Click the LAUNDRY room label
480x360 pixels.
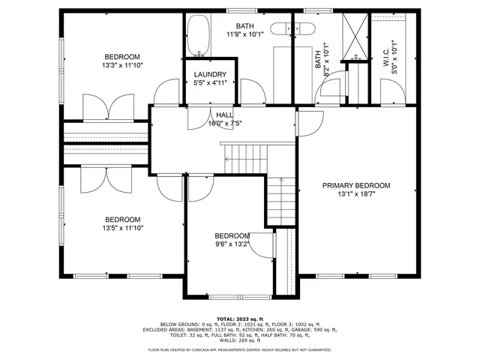[x=210, y=74]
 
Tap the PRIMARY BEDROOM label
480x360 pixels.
[x=356, y=185]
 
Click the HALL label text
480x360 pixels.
[x=225, y=115]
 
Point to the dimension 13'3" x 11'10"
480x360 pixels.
[x=122, y=65]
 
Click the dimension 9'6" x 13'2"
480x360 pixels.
[x=232, y=243]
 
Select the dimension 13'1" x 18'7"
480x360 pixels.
[x=356, y=194]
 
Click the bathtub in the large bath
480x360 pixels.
[x=199, y=36]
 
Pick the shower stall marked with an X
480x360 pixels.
[x=353, y=34]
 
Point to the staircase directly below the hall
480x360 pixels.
[x=246, y=158]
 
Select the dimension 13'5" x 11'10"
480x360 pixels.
[x=122, y=228]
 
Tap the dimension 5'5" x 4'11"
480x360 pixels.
[x=210, y=82]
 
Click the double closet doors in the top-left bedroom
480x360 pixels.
[x=109, y=106]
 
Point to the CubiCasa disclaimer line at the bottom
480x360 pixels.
[x=240, y=349]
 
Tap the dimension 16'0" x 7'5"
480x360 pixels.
[x=225, y=123]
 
